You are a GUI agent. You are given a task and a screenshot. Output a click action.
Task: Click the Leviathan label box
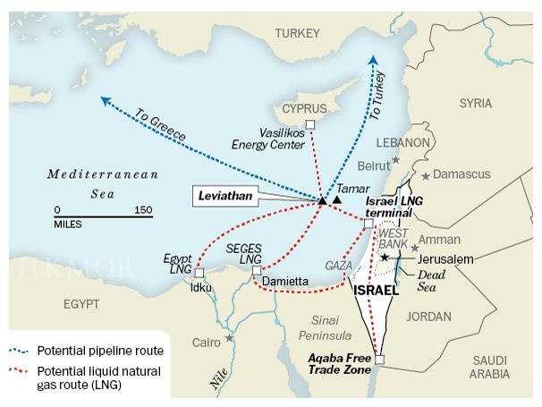(x=224, y=194)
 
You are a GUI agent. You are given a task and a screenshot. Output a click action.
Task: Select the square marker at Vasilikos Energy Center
(x=309, y=124)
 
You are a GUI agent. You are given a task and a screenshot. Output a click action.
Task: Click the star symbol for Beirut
(x=395, y=161)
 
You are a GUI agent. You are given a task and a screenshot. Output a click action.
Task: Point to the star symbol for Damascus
(x=427, y=174)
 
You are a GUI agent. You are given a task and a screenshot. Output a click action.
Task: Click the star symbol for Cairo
(x=230, y=338)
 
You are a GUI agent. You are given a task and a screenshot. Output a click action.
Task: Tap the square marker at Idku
(x=199, y=272)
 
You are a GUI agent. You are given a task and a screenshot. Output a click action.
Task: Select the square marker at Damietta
(x=256, y=270)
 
